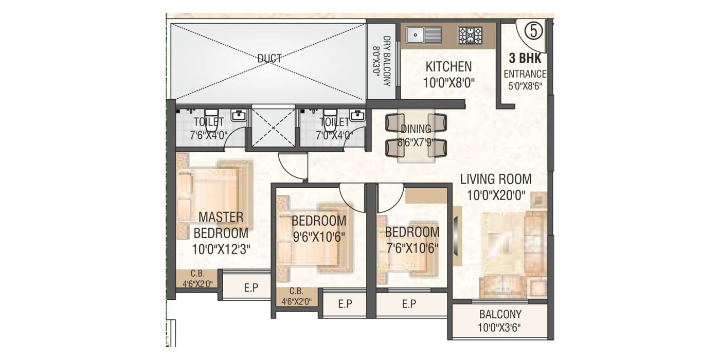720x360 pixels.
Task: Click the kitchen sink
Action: coord(424,35)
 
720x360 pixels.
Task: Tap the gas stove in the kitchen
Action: coord(470,35)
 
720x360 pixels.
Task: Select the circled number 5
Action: coord(534,31)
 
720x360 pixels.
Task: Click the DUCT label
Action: coord(269,58)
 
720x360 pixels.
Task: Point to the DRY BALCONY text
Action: coord(387,61)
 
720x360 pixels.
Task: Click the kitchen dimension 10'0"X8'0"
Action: coord(448,83)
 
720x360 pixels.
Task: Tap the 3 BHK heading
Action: coord(525,58)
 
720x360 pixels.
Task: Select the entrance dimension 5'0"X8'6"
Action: coord(525,86)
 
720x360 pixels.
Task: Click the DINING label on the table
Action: coord(416,129)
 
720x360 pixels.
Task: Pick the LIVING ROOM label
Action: coord(496,179)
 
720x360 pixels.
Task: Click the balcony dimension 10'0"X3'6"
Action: coord(499,328)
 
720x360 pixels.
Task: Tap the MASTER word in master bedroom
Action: coord(221,217)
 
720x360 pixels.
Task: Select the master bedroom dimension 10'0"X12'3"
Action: coord(221,249)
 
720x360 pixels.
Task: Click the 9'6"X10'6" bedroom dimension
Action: coord(319,237)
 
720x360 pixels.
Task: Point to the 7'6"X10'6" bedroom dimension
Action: coord(412,248)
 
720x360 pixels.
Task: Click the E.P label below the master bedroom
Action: coord(251,287)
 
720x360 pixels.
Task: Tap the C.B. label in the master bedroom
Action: coord(197,274)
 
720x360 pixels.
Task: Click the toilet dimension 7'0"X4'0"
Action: coord(334,135)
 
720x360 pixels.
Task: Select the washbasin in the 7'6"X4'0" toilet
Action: coord(239,115)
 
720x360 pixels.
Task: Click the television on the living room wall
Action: coord(456,236)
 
